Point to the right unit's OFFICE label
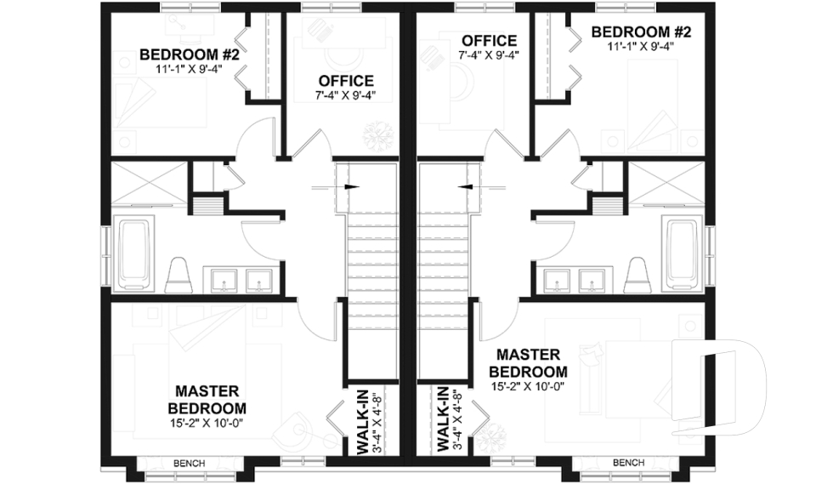point(489,40)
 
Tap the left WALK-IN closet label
point(363,422)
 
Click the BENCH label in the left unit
point(188,464)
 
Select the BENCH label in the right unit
point(628,464)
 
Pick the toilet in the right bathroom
point(637,275)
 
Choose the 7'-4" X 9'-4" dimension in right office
point(489,54)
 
